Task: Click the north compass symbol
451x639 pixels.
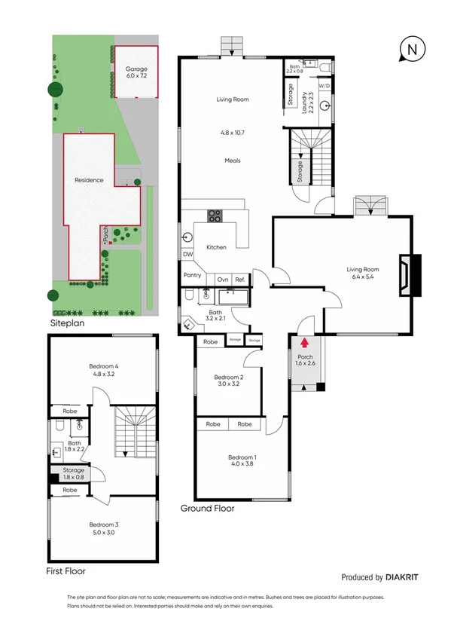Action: [x=411, y=50]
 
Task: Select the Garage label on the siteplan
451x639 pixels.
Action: [x=136, y=69]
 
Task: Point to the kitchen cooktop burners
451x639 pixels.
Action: [x=214, y=216]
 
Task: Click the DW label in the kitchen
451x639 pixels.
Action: [x=187, y=255]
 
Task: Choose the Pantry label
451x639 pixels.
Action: [x=192, y=276]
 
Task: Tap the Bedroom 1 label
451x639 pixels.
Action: [x=242, y=457]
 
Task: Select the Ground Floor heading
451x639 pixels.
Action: [x=207, y=509]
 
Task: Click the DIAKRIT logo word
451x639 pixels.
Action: [x=404, y=578]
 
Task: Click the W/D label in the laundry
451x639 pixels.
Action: [x=324, y=86]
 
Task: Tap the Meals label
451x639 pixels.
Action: [x=232, y=161]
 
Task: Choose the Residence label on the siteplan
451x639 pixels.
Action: [x=88, y=180]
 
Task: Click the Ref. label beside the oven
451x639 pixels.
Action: [x=240, y=280]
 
